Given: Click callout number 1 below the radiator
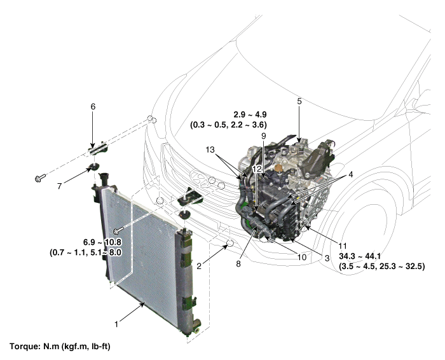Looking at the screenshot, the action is pos(116,324).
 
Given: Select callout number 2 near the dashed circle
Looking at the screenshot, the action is pos(199,267).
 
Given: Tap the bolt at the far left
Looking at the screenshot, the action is pos(40,177).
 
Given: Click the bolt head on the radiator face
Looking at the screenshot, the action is pos(116,232).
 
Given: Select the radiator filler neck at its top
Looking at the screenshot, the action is pos(104,178).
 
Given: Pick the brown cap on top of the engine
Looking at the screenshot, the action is pos(279,167).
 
